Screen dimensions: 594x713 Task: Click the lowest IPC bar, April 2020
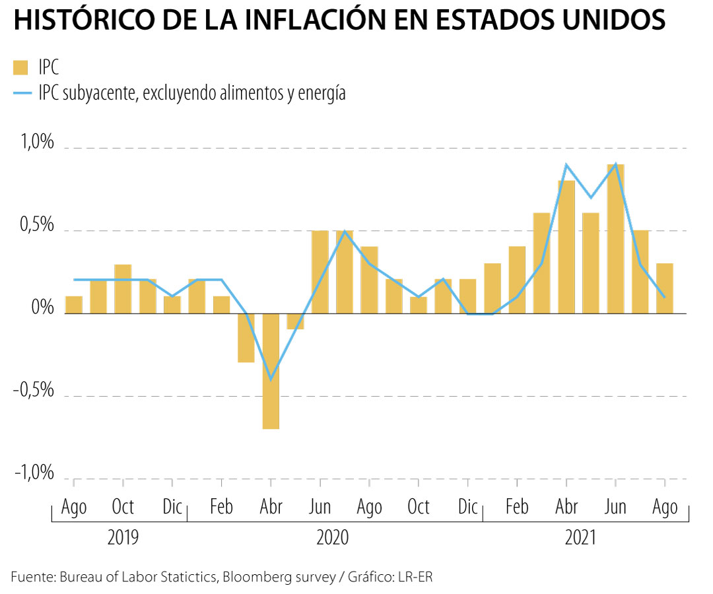(x=271, y=371)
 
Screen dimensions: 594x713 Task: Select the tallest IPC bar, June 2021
(x=615, y=239)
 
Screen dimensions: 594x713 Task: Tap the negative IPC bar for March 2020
(x=246, y=337)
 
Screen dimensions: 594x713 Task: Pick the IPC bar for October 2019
(x=123, y=288)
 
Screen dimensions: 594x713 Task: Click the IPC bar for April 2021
(x=566, y=247)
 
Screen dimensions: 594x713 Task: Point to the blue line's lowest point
(x=271, y=379)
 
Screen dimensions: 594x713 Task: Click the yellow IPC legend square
(x=21, y=67)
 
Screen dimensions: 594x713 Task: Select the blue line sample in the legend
(x=22, y=93)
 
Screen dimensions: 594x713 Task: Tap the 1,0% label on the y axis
(x=36, y=143)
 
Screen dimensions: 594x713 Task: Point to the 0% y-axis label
(x=43, y=308)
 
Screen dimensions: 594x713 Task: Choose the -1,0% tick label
(x=33, y=473)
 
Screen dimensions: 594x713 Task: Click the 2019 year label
(x=123, y=537)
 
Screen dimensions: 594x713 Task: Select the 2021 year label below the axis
(x=581, y=537)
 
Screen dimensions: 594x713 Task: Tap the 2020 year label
(x=333, y=537)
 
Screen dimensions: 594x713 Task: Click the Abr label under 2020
(x=271, y=507)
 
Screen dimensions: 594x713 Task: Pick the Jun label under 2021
(x=615, y=507)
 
